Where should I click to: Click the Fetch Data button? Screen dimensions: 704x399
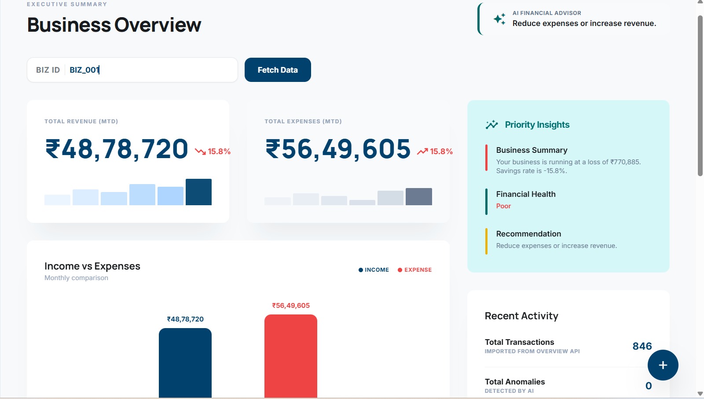(x=278, y=70)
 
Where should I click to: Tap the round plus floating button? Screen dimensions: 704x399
(x=663, y=365)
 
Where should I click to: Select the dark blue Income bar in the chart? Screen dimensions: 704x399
(x=185, y=363)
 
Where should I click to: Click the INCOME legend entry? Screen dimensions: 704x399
(x=374, y=270)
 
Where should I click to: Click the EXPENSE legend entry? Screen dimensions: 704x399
(x=414, y=270)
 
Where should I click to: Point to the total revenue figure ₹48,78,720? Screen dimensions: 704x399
(x=117, y=149)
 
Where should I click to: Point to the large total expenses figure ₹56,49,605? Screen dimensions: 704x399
(x=338, y=149)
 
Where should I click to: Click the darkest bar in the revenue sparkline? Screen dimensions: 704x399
(x=198, y=192)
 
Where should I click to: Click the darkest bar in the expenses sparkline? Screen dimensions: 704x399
(x=418, y=197)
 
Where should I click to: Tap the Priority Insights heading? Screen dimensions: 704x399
(x=537, y=125)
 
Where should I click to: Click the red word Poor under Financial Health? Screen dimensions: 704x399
(x=503, y=206)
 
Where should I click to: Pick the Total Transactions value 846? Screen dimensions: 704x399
(x=642, y=346)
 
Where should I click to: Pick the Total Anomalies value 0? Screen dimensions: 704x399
(x=649, y=386)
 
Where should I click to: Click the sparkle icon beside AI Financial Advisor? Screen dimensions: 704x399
(x=499, y=19)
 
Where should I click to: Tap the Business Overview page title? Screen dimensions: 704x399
(x=114, y=25)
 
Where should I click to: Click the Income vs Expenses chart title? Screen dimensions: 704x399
(x=92, y=266)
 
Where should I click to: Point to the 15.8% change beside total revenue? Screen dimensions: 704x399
(x=219, y=151)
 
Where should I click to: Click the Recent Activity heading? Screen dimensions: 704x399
(x=521, y=316)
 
